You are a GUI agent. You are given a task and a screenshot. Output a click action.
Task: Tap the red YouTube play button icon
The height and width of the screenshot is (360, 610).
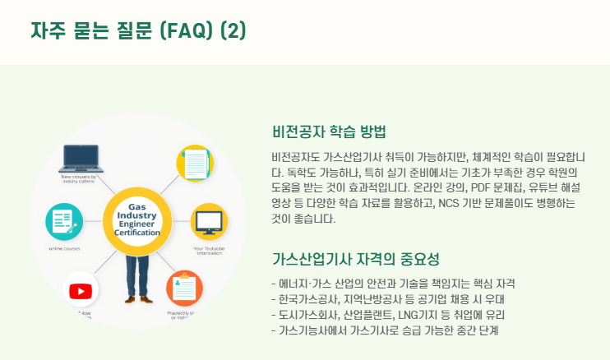(x=81, y=290)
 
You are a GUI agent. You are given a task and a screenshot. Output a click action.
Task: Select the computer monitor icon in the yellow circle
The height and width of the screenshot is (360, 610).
(x=208, y=221)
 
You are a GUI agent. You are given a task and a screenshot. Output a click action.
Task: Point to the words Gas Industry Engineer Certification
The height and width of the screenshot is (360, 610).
(x=137, y=219)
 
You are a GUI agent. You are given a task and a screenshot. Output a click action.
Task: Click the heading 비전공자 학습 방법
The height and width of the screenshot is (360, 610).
(x=328, y=132)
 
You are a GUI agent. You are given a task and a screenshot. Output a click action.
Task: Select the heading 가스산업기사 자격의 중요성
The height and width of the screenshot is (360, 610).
(x=355, y=260)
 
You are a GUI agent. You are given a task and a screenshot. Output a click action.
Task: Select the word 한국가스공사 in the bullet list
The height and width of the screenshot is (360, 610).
(x=306, y=298)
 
